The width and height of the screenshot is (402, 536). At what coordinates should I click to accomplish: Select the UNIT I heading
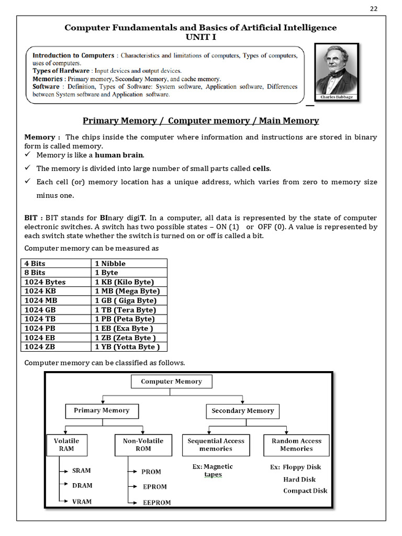[x=200, y=37]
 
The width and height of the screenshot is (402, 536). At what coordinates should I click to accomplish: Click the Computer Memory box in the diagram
[x=171, y=382]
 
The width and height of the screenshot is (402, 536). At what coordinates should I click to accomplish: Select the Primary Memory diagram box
[x=102, y=411]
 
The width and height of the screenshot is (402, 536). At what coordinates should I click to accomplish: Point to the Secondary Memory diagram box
[x=242, y=411]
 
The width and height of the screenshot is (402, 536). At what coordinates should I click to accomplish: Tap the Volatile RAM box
[x=66, y=445]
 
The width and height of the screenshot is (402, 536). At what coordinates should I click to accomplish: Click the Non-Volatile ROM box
[x=143, y=445]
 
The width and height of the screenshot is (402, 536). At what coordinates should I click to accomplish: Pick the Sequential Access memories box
[x=216, y=445]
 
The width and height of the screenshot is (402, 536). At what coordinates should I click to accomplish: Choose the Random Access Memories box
[x=296, y=445]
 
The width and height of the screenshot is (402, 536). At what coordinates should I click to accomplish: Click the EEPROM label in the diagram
[x=157, y=502]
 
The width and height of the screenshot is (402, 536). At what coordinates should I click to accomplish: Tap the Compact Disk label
[x=305, y=491]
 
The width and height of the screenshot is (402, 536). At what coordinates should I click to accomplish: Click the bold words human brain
[x=119, y=155]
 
